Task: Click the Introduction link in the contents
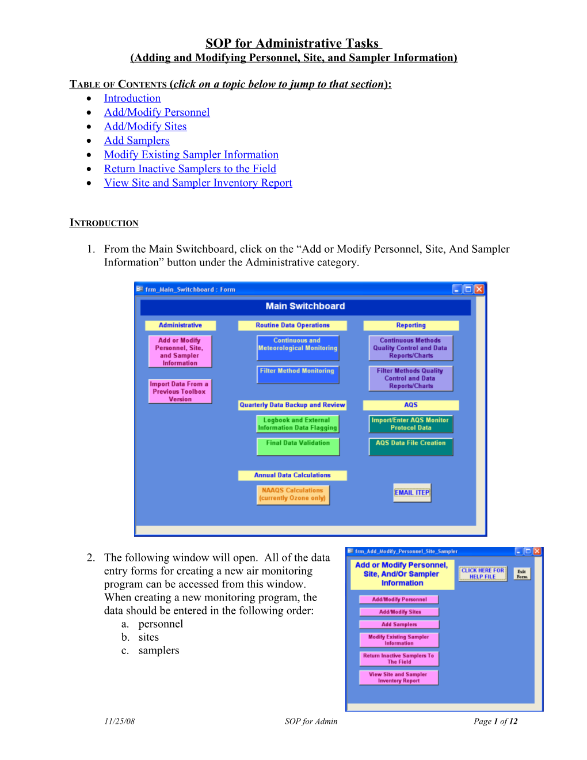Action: (132, 98)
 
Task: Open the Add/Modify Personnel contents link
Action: (157, 112)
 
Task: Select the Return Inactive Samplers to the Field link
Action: (190, 169)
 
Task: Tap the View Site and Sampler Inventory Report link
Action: (198, 183)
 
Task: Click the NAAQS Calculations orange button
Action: (292, 495)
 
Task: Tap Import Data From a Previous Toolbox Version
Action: (180, 392)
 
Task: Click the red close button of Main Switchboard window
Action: (479, 289)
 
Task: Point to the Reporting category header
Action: (411, 325)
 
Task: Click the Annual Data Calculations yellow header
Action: (292, 476)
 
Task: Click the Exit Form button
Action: (522, 573)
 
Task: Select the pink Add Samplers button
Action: (399, 624)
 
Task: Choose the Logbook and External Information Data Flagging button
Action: (297, 424)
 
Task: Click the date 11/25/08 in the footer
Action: (119, 721)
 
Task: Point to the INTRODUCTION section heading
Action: (104, 223)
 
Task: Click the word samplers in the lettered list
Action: (159, 651)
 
